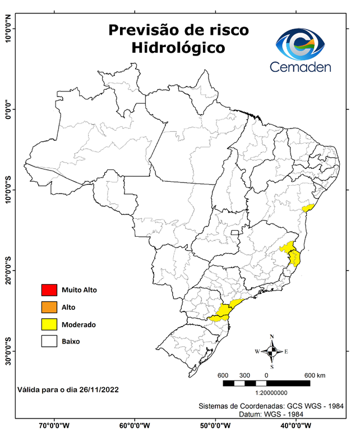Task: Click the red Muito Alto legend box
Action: pos(49,290)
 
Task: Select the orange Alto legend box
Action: pos(49,307)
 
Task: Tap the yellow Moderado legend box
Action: pos(49,324)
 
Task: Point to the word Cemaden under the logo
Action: pos(301,67)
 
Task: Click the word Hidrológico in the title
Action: pos(178,48)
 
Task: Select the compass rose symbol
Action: pos(272,352)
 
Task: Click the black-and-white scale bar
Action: pos(266,383)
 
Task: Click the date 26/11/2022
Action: pos(99,389)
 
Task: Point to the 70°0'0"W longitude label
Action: pos(54,425)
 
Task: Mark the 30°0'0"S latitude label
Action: pos(8,351)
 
